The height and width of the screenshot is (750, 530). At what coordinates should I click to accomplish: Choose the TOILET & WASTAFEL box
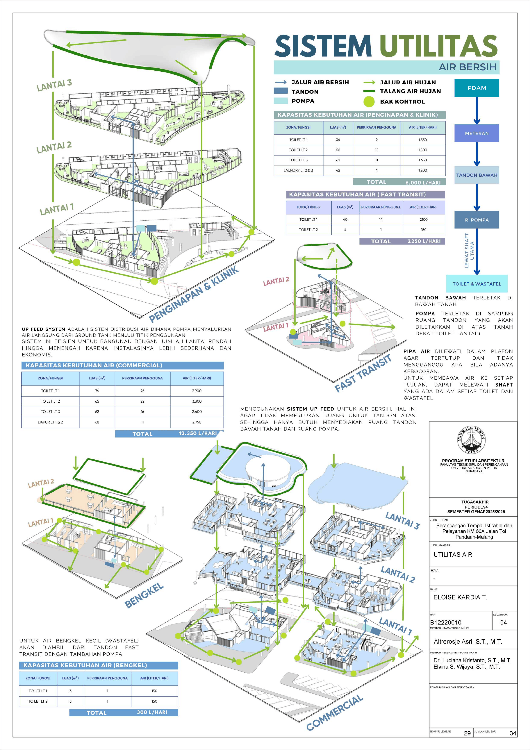477,284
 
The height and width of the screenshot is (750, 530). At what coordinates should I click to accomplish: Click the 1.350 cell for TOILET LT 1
423,140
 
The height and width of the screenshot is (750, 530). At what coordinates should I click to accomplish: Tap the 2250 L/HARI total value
424,241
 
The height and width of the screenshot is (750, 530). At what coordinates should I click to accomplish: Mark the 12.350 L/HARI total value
198,434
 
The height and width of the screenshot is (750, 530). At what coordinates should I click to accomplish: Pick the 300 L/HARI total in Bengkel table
152,712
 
